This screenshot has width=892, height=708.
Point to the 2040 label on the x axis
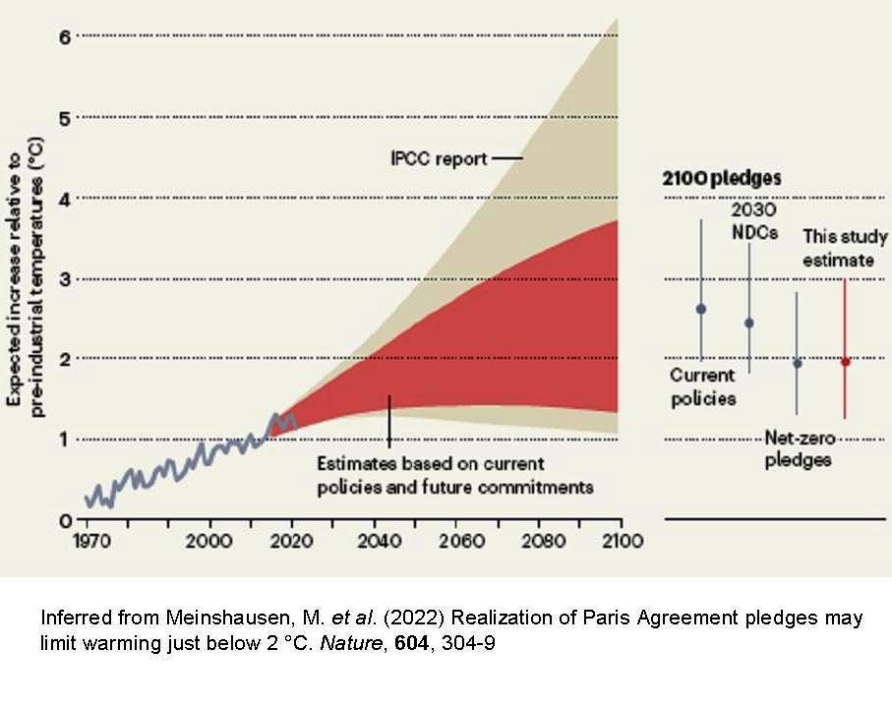375,541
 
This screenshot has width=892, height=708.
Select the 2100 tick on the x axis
621,541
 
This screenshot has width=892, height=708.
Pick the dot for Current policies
701,309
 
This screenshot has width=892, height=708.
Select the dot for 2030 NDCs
749,323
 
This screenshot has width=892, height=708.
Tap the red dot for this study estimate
845,362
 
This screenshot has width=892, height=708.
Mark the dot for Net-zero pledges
797,364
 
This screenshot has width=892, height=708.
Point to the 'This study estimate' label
844,249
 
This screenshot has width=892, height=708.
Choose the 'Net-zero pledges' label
798,449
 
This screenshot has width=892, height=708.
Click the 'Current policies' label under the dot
702,387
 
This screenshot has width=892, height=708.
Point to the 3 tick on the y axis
65,278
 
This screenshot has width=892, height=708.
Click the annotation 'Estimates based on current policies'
454,474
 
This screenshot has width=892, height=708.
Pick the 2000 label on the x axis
208,541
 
